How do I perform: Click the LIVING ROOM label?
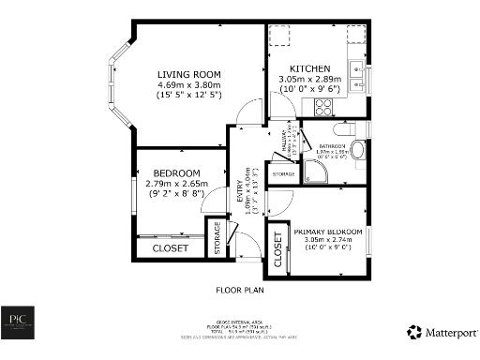(x=187, y=74)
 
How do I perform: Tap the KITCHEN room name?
(x=309, y=69)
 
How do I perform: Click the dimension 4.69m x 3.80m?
(x=187, y=84)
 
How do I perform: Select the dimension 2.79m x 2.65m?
(x=178, y=184)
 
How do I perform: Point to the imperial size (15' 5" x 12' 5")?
(x=187, y=95)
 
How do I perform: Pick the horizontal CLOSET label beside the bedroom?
(x=171, y=248)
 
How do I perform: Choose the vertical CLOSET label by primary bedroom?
(x=277, y=250)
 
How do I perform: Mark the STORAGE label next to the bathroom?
(x=284, y=175)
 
